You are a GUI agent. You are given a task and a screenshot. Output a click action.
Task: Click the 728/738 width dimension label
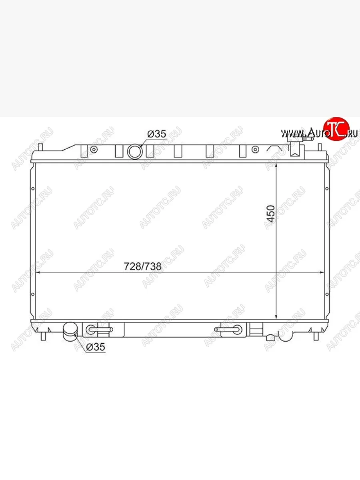(142, 266)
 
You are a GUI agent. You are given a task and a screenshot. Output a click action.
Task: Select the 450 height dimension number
(271, 214)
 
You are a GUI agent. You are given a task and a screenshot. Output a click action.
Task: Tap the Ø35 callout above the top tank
(157, 134)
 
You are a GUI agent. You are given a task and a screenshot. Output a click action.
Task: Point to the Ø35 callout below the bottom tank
(96, 347)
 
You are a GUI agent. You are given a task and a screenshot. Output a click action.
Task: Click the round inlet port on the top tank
(135, 152)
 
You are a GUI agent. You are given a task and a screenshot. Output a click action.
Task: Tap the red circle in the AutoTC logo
(336, 129)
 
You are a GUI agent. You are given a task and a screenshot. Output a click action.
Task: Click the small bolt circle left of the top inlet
(94, 150)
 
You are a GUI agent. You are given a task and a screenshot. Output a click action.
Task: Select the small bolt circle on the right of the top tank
(255, 150)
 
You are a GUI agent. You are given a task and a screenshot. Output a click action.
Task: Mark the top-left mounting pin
(40, 147)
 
